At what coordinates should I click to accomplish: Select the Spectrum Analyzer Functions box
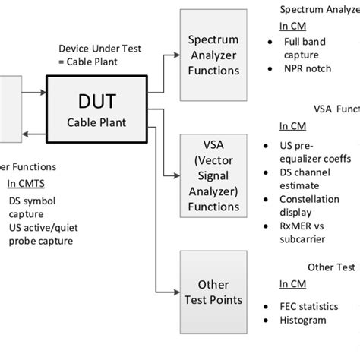pos(213,55)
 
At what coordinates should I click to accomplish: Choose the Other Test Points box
pos(213,292)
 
